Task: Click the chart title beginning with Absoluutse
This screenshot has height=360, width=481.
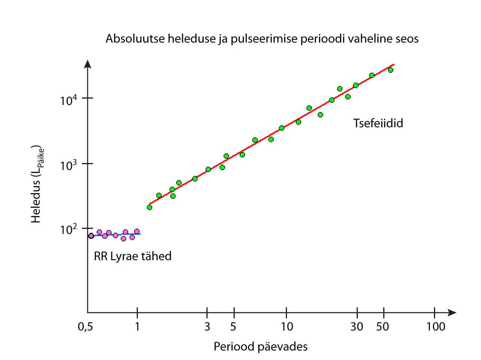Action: pyautogui.click(x=262, y=39)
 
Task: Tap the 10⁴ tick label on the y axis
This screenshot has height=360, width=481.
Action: pyautogui.click(x=68, y=100)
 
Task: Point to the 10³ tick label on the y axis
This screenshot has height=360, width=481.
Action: pyautogui.click(x=68, y=165)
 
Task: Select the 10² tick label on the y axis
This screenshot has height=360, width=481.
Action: pyautogui.click(x=68, y=229)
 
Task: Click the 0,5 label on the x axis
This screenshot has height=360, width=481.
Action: pyautogui.click(x=85, y=327)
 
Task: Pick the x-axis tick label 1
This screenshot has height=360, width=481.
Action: pyautogui.click(x=137, y=327)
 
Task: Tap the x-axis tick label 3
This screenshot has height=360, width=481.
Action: pyautogui.click(x=207, y=327)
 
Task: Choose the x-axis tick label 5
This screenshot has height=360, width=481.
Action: pyautogui.click(x=233, y=327)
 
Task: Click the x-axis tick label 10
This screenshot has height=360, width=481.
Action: pyautogui.click(x=287, y=327)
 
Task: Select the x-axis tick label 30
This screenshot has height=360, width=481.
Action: pyautogui.click(x=357, y=327)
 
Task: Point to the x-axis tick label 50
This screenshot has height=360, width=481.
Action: pyautogui.click(x=383, y=327)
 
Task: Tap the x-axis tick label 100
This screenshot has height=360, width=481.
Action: pyautogui.click(x=436, y=327)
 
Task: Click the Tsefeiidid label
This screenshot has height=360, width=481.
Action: pyautogui.click(x=378, y=123)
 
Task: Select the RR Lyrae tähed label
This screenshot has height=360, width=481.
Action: pyautogui.click(x=133, y=256)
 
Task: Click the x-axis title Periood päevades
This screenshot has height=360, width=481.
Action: pyautogui.click(x=260, y=346)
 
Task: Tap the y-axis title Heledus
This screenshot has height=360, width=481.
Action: pyautogui.click(x=36, y=184)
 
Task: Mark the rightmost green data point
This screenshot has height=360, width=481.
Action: pyautogui.click(x=390, y=70)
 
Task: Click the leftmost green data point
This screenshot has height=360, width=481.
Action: pyautogui.click(x=150, y=207)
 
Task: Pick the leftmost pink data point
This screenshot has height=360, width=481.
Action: pyautogui.click(x=91, y=236)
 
